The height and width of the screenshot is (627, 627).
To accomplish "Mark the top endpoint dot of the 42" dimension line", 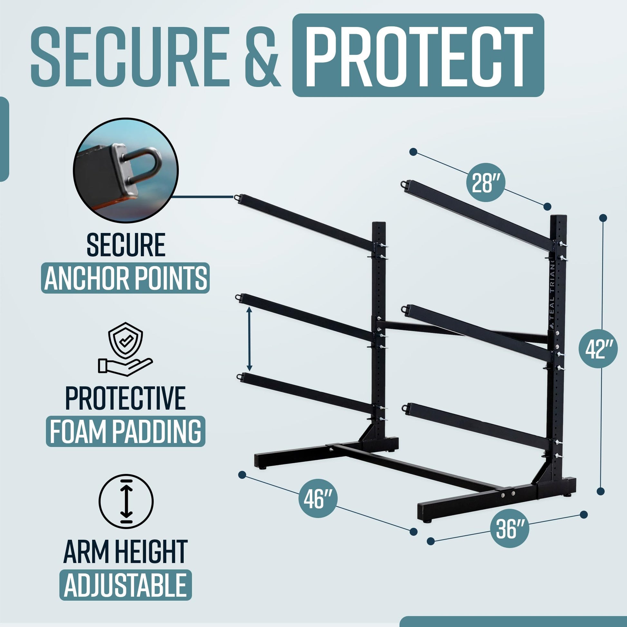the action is coord(603,218).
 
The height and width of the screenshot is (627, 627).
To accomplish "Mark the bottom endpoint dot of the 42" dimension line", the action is coord(601,491).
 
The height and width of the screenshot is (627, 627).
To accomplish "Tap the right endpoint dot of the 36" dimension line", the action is coord(584,515).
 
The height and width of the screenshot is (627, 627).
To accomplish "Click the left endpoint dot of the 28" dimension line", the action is coord(413,152).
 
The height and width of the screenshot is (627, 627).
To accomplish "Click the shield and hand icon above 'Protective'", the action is coord(126,349).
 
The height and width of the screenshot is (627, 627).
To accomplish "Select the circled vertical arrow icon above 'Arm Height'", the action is coord(126,501).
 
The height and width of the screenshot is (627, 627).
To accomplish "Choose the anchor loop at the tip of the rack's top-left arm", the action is coord(237,197).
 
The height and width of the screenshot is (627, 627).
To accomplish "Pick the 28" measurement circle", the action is coord(486,182).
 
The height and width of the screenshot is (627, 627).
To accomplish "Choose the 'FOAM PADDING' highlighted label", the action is coord(126,431).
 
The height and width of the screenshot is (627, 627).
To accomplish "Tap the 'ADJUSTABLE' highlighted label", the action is coord(126,585).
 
